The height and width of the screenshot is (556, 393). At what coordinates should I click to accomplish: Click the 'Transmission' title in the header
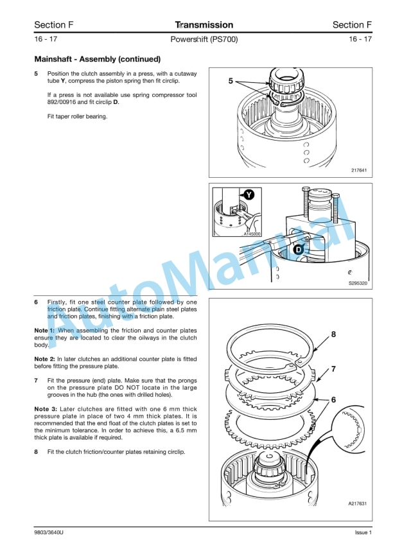pos(204,25)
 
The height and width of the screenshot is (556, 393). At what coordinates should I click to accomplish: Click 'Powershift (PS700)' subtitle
pos(204,40)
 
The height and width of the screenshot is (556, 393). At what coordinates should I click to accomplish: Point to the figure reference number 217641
pos(358,170)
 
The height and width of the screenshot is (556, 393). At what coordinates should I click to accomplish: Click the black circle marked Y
pos(248,194)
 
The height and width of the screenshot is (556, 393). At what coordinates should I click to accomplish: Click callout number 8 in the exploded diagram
pos(333,334)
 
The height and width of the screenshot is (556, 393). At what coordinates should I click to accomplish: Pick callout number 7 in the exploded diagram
pos(333,369)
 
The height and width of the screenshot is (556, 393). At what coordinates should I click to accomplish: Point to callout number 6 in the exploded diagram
pos(333,399)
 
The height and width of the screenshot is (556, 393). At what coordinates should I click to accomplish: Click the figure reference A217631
pos(357,504)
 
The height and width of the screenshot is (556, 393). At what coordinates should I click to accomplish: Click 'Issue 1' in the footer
pos(363,533)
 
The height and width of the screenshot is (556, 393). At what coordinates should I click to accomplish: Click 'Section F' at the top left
pos(53,25)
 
